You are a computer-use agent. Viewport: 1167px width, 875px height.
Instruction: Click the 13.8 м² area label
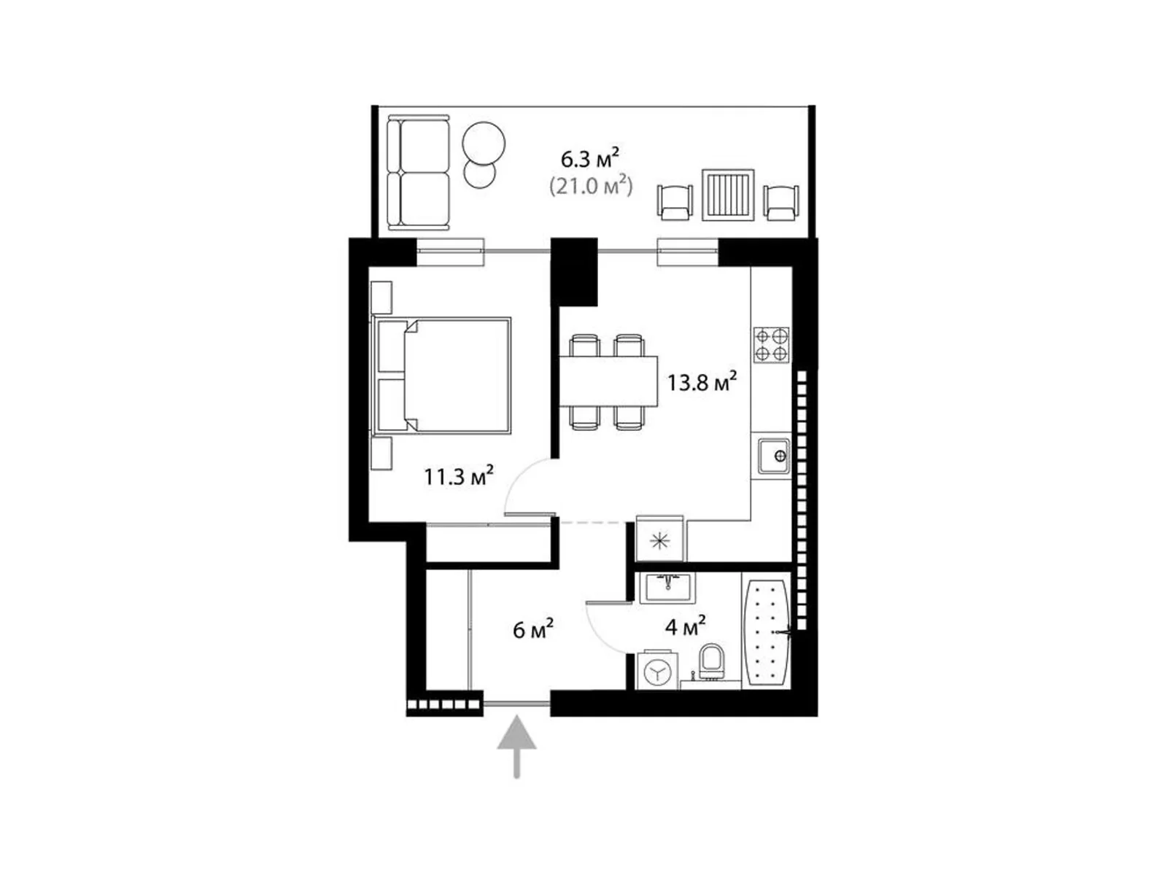tap(702, 382)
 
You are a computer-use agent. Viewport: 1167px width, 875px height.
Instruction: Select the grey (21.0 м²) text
tap(591, 187)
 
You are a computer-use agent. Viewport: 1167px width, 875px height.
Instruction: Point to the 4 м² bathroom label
tap(686, 627)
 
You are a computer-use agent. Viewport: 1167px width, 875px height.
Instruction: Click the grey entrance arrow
tap(516, 747)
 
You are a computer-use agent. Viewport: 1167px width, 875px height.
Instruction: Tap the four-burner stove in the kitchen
tap(772, 345)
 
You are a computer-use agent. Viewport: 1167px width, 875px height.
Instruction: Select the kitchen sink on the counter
tap(774, 456)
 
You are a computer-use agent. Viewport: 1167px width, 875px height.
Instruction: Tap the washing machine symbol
tap(658, 670)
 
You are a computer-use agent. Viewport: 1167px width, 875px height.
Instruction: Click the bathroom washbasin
tap(667, 588)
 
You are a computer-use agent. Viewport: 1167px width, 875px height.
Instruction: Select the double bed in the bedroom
tap(442, 376)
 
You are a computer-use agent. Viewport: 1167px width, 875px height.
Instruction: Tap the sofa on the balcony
tap(419, 174)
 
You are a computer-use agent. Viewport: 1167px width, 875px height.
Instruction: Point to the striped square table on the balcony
tap(728, 195)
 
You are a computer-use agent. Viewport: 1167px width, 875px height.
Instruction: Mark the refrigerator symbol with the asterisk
tap(659, 540)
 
